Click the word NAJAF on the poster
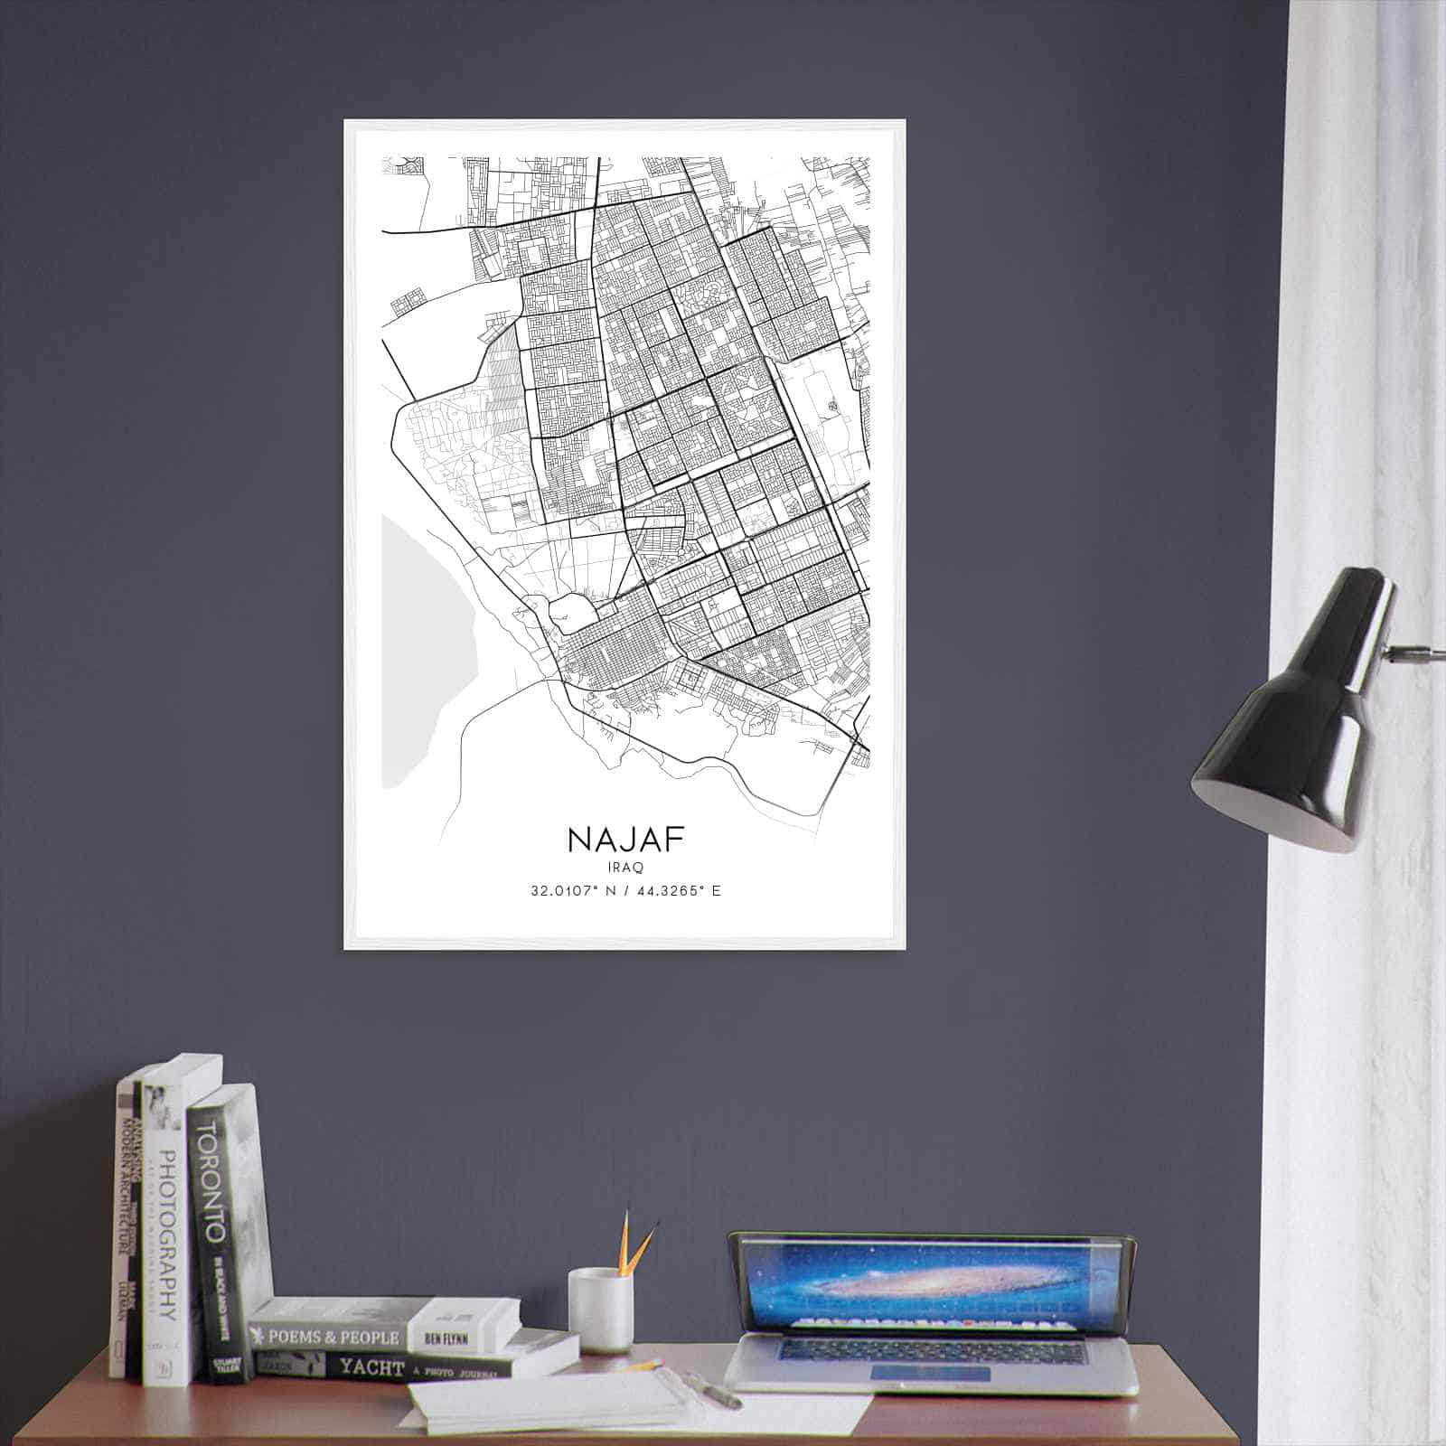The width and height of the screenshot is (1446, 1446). pos(625,840)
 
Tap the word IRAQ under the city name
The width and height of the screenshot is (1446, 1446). pos(625,867)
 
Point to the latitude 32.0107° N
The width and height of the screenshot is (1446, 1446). pos(572,891)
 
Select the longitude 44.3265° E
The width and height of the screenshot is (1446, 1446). pos(681,891)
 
